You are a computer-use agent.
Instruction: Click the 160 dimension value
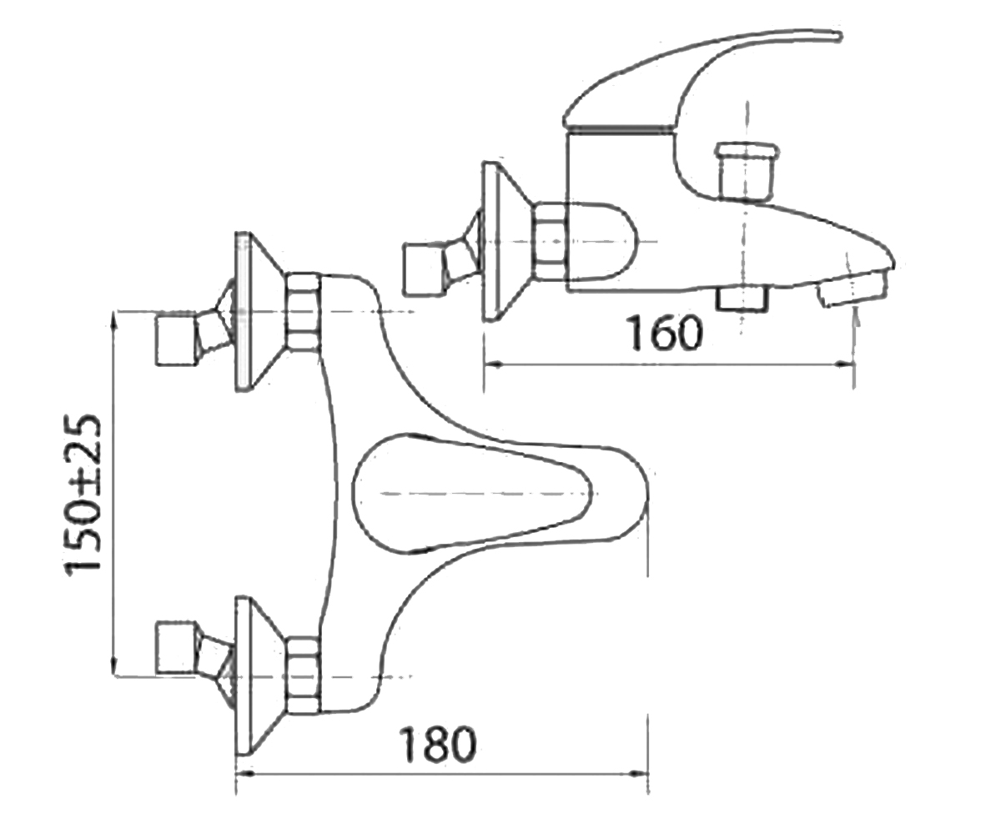666,332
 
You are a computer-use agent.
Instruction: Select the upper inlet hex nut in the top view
303,312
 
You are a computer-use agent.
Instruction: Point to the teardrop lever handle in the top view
472,494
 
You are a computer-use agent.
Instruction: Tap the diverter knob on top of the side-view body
746,169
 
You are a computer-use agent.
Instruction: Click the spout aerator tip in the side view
853,288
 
